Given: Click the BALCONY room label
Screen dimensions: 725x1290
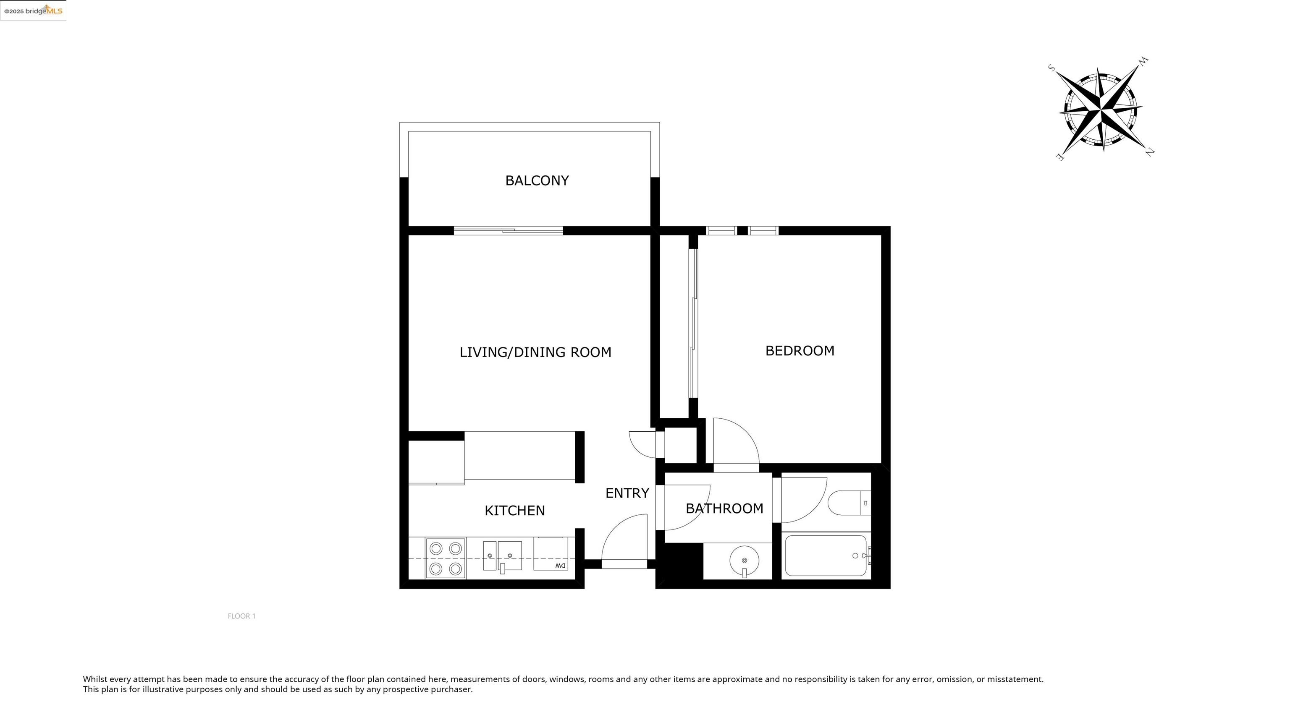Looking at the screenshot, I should click(537, 181).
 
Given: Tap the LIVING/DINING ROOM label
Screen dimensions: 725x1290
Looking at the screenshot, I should click(535, 352).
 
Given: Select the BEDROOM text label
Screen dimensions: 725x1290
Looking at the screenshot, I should click(800, 351).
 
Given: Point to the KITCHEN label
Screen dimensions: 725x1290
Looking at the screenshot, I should click(514, 510).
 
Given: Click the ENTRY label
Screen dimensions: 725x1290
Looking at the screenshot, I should click(627, 493).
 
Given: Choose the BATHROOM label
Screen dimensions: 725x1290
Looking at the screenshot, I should click(724, 509).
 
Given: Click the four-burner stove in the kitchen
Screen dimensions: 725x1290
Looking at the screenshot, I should click(446, 558).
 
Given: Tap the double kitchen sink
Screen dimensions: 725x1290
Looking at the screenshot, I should click(502, 556).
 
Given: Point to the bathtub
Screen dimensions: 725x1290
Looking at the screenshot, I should click(825, 556).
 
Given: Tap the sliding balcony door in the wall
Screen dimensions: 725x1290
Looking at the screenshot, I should click(508, 231).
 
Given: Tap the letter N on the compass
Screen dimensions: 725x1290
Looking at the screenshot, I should click(1150, 152).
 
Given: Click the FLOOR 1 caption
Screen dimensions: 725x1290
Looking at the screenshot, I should click(241, 616).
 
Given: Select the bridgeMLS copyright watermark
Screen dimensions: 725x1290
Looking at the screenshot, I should click(33, 10).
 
